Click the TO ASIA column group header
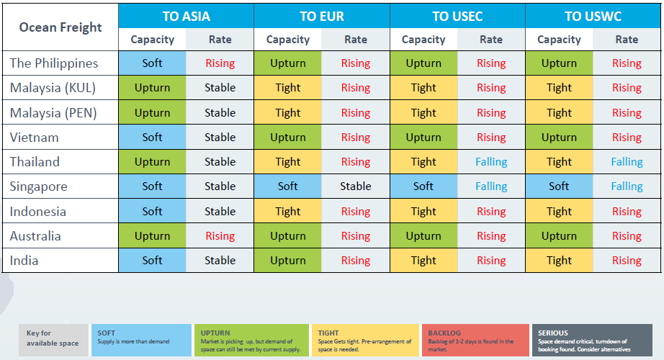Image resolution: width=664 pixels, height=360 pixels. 187,16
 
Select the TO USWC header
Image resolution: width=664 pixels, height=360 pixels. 593,16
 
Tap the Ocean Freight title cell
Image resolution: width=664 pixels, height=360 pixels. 60,27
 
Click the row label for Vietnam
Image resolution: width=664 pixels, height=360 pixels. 35,138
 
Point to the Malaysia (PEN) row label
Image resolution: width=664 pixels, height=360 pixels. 53,112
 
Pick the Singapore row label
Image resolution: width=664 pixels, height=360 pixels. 39,186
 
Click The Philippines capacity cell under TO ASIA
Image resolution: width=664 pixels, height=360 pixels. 153,63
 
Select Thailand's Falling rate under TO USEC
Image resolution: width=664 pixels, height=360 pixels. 491,162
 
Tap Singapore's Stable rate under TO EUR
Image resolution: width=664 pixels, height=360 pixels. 356,186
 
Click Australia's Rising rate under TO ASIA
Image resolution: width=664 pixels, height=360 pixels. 220,236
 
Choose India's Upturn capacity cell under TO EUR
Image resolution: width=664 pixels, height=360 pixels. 288,261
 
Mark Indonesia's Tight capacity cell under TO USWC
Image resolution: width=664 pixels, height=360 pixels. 559,212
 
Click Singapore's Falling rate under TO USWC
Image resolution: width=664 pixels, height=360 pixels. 627,186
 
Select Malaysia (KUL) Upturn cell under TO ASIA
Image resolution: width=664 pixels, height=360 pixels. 153,88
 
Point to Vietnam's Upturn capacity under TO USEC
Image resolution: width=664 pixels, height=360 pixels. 423,138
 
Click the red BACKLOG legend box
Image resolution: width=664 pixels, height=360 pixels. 475,340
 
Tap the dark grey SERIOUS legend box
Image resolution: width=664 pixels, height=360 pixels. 592,340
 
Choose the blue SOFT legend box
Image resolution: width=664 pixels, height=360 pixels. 141,340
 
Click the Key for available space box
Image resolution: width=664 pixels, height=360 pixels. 53,340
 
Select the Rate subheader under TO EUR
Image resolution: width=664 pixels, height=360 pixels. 356,40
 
